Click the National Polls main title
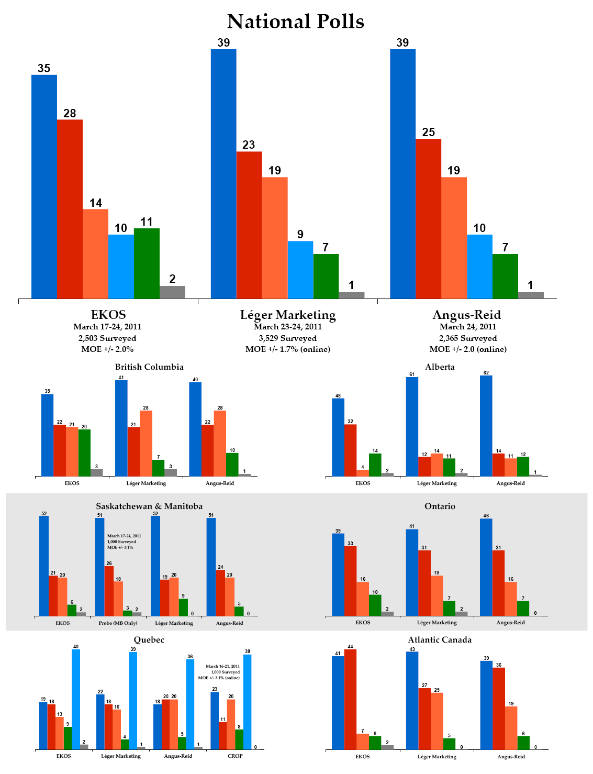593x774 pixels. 296,21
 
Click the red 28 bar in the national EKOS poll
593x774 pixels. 70,209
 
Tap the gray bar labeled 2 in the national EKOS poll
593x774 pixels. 172,292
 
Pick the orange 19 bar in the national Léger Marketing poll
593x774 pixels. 275,238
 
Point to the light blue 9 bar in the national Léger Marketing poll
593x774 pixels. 300,270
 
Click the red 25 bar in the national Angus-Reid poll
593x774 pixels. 428,218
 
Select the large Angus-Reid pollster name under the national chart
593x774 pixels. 466,315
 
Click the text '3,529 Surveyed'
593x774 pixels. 287,338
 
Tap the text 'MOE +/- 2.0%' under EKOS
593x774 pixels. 107,349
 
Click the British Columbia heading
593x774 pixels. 149,367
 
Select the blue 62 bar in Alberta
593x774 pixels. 486,426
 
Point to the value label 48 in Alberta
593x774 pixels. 338,396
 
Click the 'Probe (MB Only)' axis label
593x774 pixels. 118,623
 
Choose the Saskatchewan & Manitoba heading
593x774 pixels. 149,506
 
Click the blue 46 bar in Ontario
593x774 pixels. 486,567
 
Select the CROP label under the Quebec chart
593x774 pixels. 235,756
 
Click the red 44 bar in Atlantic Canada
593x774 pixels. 350,700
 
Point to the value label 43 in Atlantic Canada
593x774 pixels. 412,649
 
